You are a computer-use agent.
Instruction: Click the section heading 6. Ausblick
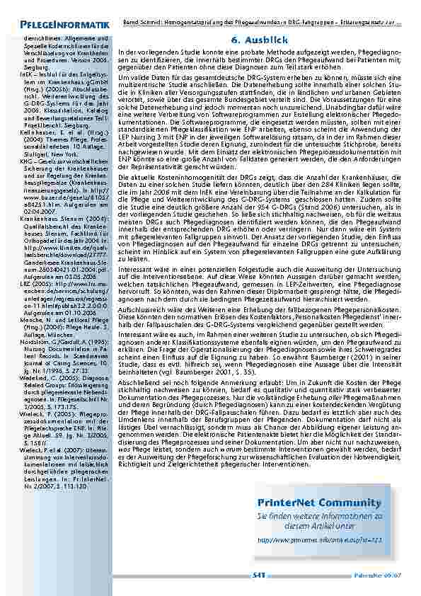click(x=258, y=40)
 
